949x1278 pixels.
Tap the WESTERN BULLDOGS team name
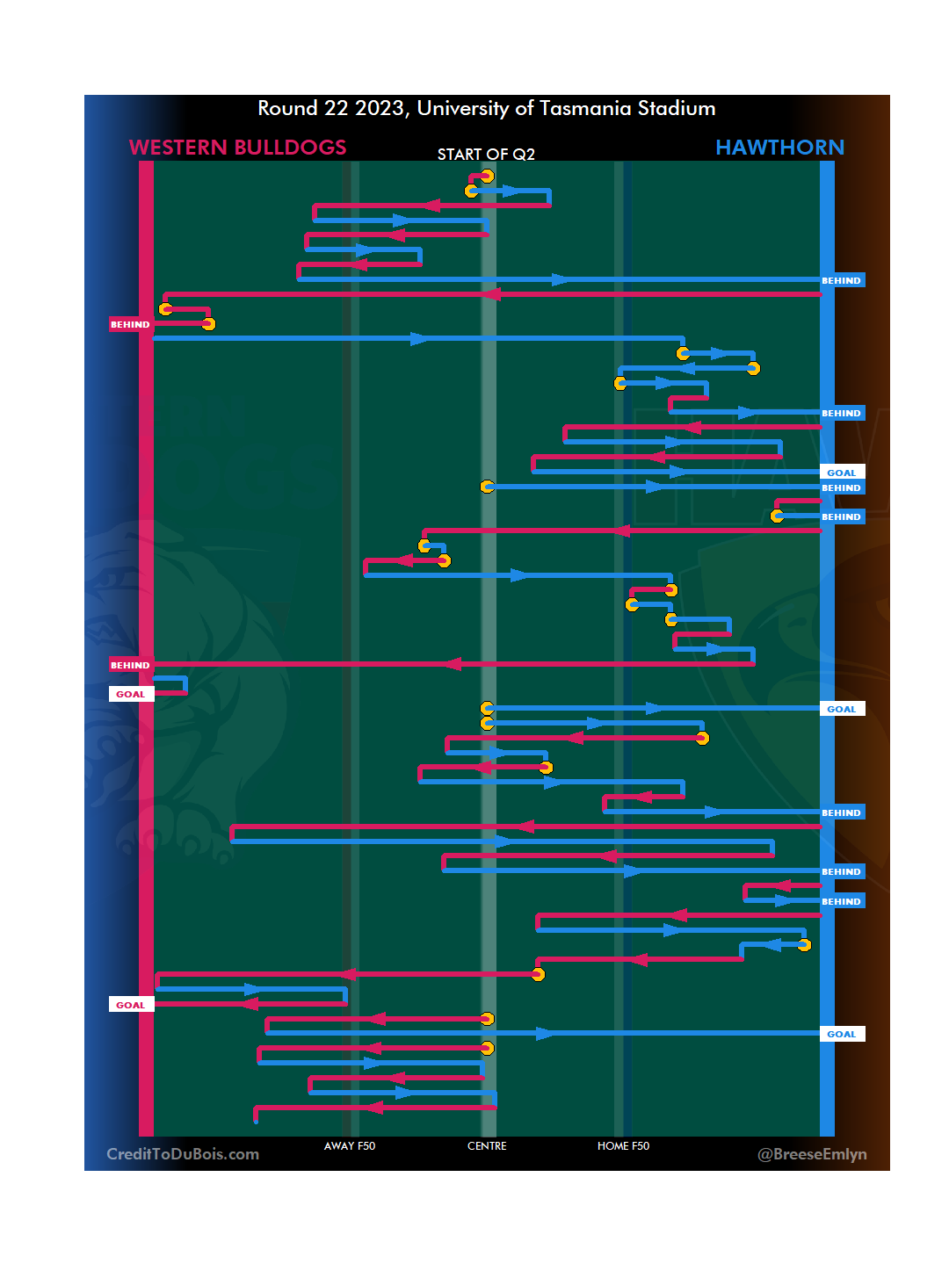click(237, 148)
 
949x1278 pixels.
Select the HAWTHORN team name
click(779, 148)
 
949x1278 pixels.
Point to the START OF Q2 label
click(486, 155)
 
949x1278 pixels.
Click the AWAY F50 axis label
click(349, 1146)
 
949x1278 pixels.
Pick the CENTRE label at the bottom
click(487, 1146)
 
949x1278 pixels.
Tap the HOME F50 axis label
click(623, 1146)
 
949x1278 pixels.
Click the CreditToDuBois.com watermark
click(183, 1154)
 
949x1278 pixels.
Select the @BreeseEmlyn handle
click(812, 1154)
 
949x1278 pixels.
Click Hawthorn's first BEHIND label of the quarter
click(841, 281)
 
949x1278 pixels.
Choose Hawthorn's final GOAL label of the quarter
click(841, 1035)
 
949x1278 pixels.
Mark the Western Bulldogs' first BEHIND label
click(130, 325)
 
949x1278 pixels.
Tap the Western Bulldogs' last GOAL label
click(130, 1006)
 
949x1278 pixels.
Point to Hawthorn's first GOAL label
click(841, 473)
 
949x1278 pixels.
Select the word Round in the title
click(287, 109)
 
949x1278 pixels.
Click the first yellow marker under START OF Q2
click(487, 177)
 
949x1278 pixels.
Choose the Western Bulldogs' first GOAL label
click(130, 695)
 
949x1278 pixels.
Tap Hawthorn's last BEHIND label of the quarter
click(841, 902)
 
